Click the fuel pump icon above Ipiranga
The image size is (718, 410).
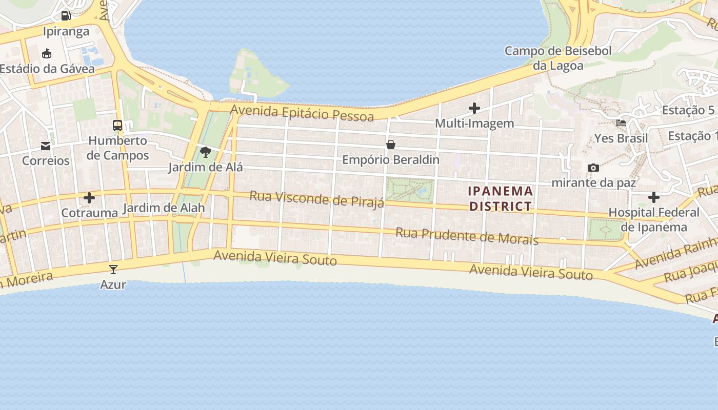pos(66,16)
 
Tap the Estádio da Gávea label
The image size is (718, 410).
pos(47,69)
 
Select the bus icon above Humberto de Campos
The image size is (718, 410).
pos(117,125)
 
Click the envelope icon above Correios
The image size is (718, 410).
pos(46,146)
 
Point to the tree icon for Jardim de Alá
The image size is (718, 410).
pos(206,152)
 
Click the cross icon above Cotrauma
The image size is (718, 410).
pos(89,198)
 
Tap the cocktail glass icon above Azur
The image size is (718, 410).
pos(113,269)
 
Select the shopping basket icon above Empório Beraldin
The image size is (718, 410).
pos(391,145)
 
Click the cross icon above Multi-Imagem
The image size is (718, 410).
pos(474,108)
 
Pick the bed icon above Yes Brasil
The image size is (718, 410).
pos(621,123)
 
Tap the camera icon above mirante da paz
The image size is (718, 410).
pos(593,168)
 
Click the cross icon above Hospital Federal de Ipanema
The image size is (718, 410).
pos(654,197)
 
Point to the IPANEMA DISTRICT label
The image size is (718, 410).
pos(501,199)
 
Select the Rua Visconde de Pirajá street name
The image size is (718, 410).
pos(316,199)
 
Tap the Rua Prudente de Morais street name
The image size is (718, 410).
pos(467,236)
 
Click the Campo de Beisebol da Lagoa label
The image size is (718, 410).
pos(559,58)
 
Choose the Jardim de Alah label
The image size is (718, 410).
pos(164,208)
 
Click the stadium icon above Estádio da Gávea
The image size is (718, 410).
pos(47,53)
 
